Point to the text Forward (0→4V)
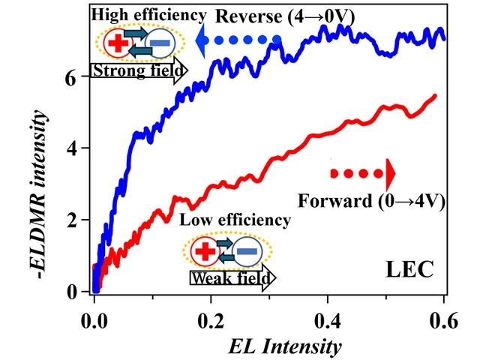pyautogui.click(x=367, y=201)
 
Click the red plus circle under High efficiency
pyautogui.click(x=116, y=43)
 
